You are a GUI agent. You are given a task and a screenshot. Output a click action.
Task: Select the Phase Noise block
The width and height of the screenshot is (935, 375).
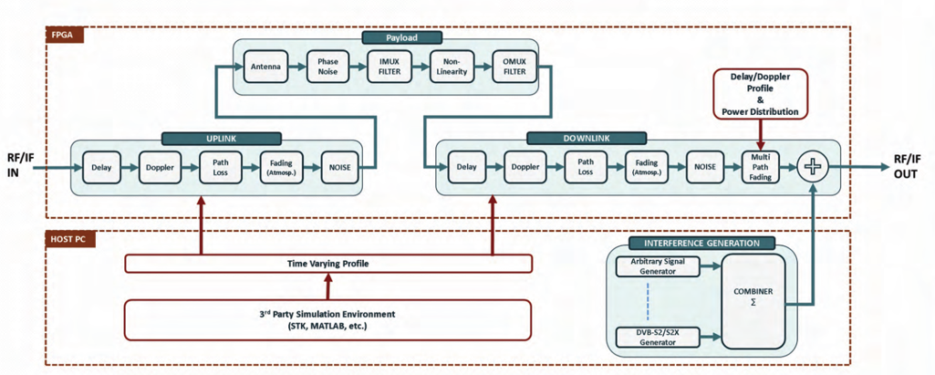coord(327,66)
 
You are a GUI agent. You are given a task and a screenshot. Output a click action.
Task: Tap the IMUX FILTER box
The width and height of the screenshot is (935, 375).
coord(390,66)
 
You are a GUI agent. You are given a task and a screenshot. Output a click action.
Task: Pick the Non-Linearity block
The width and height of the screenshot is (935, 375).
coord(452,66)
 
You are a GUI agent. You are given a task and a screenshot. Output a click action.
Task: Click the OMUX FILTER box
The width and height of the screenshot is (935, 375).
coord(514,66)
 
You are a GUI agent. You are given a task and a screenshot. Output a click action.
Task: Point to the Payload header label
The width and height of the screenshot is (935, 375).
coord(401,37)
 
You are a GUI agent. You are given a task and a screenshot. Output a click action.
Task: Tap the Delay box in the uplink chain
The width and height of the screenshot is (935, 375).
coord(100,167)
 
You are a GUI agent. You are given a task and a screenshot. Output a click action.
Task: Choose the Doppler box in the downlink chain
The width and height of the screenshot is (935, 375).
coord(525,167)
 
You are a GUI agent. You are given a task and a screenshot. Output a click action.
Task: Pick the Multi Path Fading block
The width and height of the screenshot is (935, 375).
coord(760,167)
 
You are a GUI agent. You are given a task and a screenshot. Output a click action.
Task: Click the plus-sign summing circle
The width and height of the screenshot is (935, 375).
coord(811,167)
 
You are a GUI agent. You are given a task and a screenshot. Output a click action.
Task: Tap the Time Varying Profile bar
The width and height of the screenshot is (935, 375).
coord(327,263)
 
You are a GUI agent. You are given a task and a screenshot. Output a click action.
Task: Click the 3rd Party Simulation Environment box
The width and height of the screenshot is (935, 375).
coord(327,320)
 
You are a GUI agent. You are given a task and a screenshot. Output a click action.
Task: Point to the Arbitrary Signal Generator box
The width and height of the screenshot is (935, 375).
coord(656,266)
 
